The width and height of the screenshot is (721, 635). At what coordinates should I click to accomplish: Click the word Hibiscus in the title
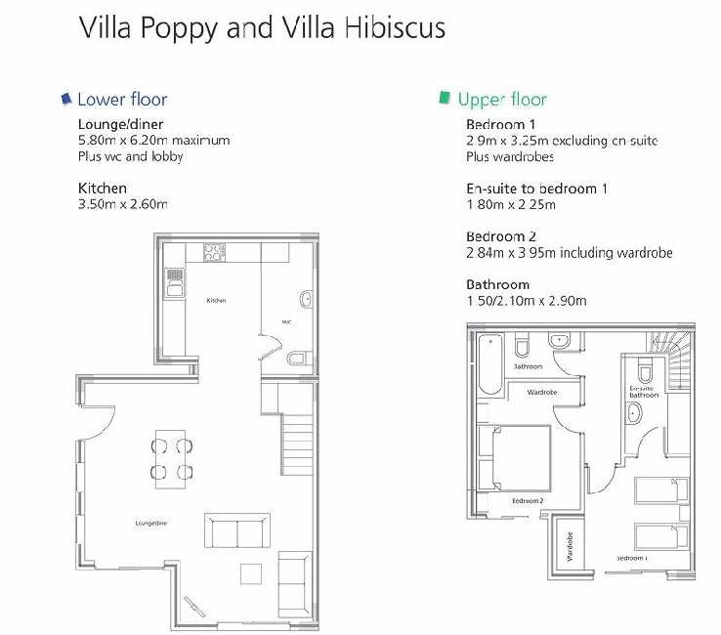click(395, 27)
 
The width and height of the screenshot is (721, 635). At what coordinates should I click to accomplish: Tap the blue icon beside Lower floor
click(66, 99)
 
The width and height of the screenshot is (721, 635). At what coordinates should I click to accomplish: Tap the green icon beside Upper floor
click(445, 98)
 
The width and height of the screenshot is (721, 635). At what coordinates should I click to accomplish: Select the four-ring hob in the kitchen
click(214, 252)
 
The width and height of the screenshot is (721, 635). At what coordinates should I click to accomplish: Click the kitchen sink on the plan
click(174, 282)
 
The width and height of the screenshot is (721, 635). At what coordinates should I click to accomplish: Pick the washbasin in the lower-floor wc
click(306, 300)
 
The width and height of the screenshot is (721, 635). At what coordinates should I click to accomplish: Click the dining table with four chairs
click(171, 459)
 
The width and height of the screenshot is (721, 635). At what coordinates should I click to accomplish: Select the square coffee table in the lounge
click(251, 573)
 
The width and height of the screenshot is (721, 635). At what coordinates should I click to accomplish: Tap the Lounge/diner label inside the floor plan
click(151, 524)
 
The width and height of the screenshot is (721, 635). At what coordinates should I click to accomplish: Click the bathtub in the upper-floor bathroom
click(490, 364)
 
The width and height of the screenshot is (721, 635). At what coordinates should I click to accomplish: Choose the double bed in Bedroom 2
click(522, 458)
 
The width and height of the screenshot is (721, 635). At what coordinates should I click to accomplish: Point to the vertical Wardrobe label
click(571, 547)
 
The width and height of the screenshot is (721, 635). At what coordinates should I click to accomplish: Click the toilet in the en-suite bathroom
click(645, 370)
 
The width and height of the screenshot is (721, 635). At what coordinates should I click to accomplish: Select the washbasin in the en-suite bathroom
click(634, 413)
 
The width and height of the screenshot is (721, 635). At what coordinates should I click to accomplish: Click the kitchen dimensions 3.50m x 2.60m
click(123, 204)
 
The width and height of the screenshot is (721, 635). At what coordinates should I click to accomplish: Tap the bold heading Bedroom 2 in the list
click(501, 236)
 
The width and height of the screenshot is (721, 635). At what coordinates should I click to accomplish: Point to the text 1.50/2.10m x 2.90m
click(527, 301)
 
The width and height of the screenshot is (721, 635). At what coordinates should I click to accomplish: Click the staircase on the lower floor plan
click(297, 444)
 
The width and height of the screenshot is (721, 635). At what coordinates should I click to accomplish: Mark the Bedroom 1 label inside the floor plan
click(632, 558)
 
